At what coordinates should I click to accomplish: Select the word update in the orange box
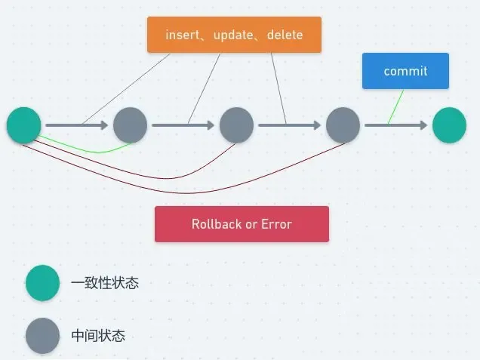232,35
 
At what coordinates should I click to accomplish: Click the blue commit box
405,71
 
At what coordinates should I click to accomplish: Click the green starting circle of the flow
24,125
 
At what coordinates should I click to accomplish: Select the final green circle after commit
450,125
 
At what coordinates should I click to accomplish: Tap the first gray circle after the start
131,125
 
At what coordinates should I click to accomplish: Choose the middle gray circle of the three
237,125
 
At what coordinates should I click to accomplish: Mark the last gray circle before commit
343,125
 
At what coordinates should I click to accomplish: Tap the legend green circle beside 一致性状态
42,283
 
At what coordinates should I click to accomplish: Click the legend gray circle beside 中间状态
42,336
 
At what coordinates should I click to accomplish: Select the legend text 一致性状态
105,283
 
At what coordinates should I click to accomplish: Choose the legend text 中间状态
98,336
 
